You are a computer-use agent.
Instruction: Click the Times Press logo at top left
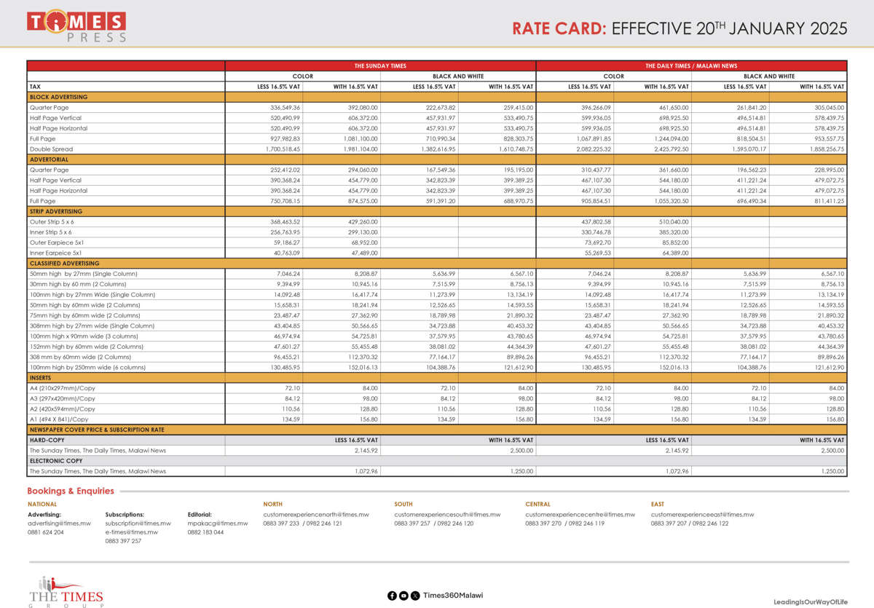pos(76,25)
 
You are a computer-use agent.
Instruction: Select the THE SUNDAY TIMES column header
pos(380,66)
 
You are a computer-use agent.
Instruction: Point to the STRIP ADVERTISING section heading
pos(56,211)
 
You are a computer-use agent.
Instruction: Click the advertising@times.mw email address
pos(59,523)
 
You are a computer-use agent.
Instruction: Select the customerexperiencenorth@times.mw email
pos(316,514)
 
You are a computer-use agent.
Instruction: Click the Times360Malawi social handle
pos(452,595)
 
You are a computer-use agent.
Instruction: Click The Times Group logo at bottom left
pos(66,591)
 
